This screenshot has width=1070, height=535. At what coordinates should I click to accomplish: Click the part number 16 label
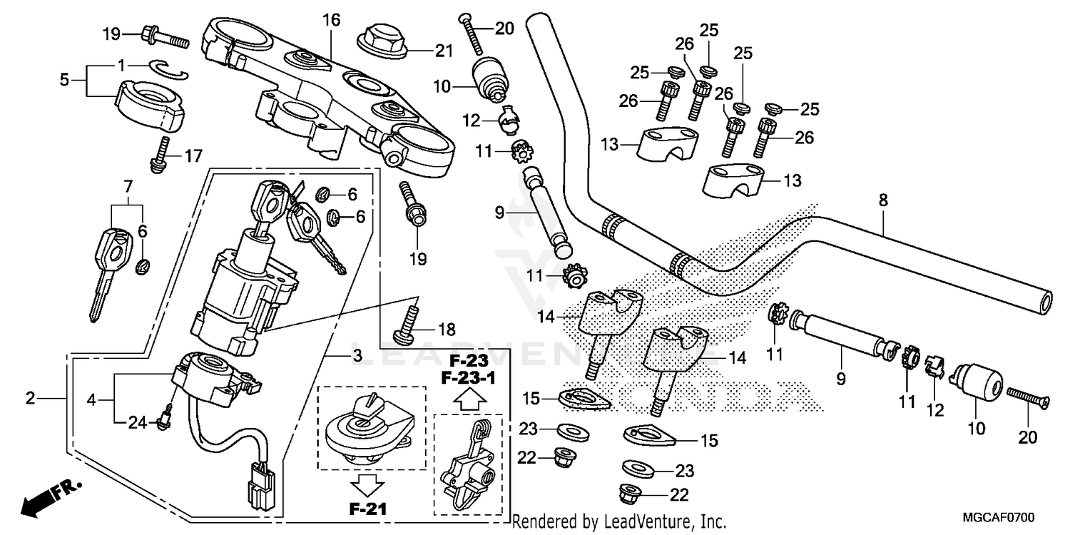pos(332,20)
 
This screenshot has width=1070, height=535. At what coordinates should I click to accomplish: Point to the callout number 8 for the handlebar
pos(883,202)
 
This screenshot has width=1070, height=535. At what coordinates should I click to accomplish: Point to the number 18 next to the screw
pos(447,330)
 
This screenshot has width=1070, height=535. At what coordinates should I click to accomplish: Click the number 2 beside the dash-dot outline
pos(30,399)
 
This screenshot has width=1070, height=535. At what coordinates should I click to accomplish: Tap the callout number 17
pos(193,155)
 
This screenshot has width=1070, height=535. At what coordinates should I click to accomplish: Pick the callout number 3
pos(357,355)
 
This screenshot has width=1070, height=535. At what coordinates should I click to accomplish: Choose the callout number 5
pos(65,80)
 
